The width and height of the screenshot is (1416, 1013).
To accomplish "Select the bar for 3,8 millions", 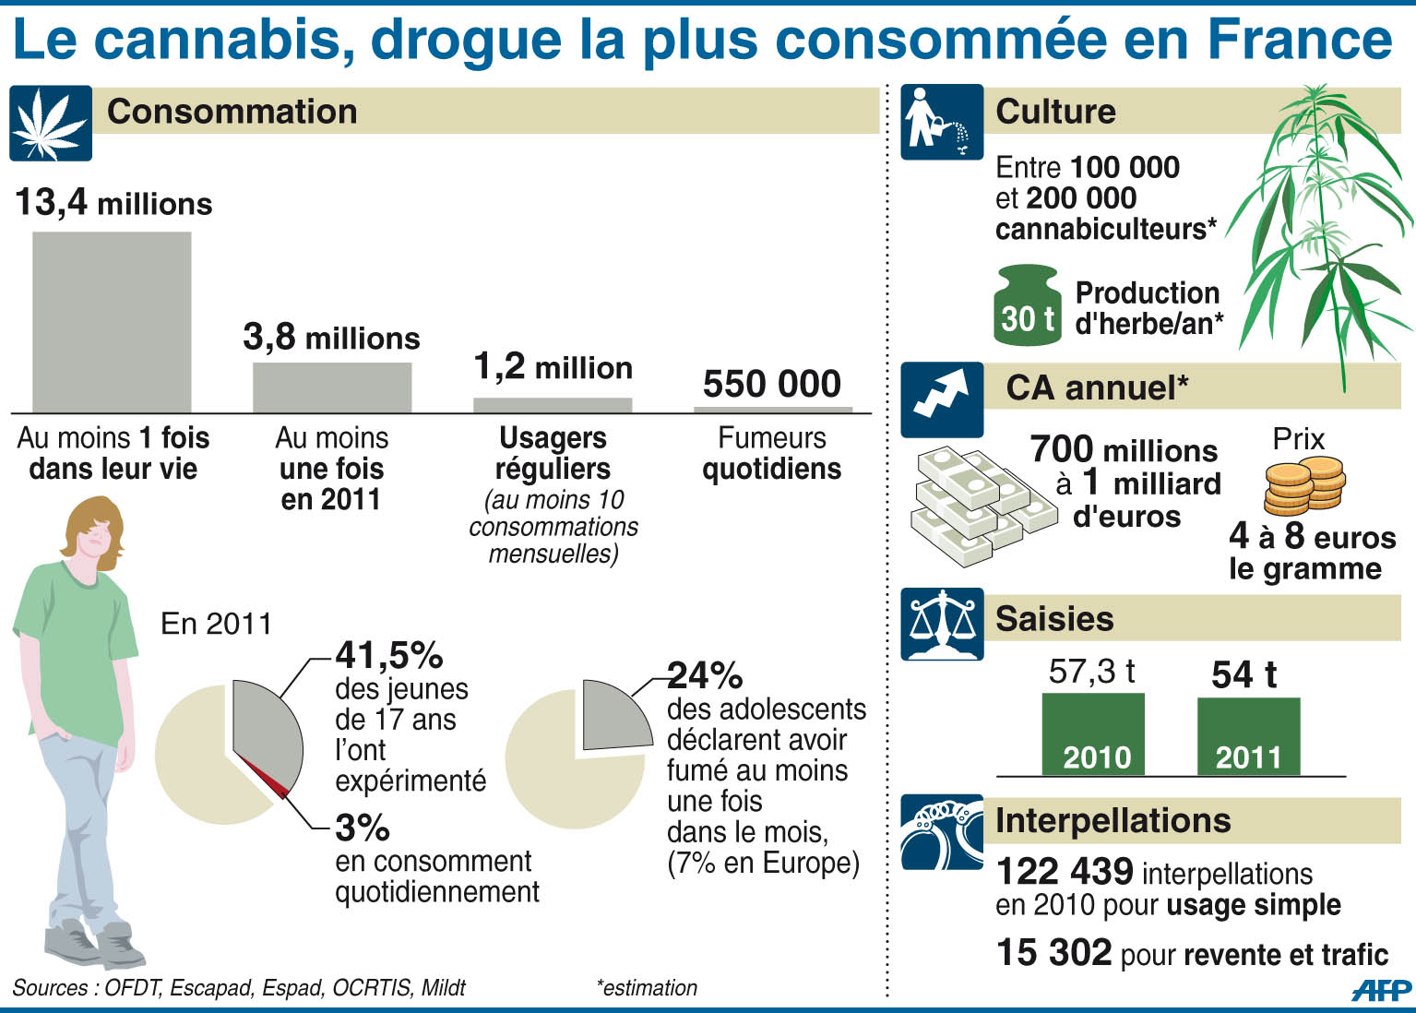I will point(332,387).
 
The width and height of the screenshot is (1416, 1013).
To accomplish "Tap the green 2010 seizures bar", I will point(1093,734).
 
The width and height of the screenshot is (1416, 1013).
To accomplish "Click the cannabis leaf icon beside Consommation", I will point(51,124).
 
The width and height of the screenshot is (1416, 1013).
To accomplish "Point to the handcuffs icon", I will point(942,832).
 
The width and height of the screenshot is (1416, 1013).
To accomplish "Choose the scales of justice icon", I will point(942,624).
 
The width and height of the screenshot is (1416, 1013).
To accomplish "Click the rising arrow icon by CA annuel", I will point(942,399).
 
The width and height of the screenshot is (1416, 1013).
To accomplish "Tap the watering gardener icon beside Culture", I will point(942,122).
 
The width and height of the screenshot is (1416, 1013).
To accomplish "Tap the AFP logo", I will point(1381,991).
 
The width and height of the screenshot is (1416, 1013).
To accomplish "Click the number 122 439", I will point(1065,872).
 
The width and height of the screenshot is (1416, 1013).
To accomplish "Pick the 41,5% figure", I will point(389,655).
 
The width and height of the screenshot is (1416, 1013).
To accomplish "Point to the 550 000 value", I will point(772,384).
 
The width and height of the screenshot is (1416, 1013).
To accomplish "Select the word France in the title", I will point(1299,40).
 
